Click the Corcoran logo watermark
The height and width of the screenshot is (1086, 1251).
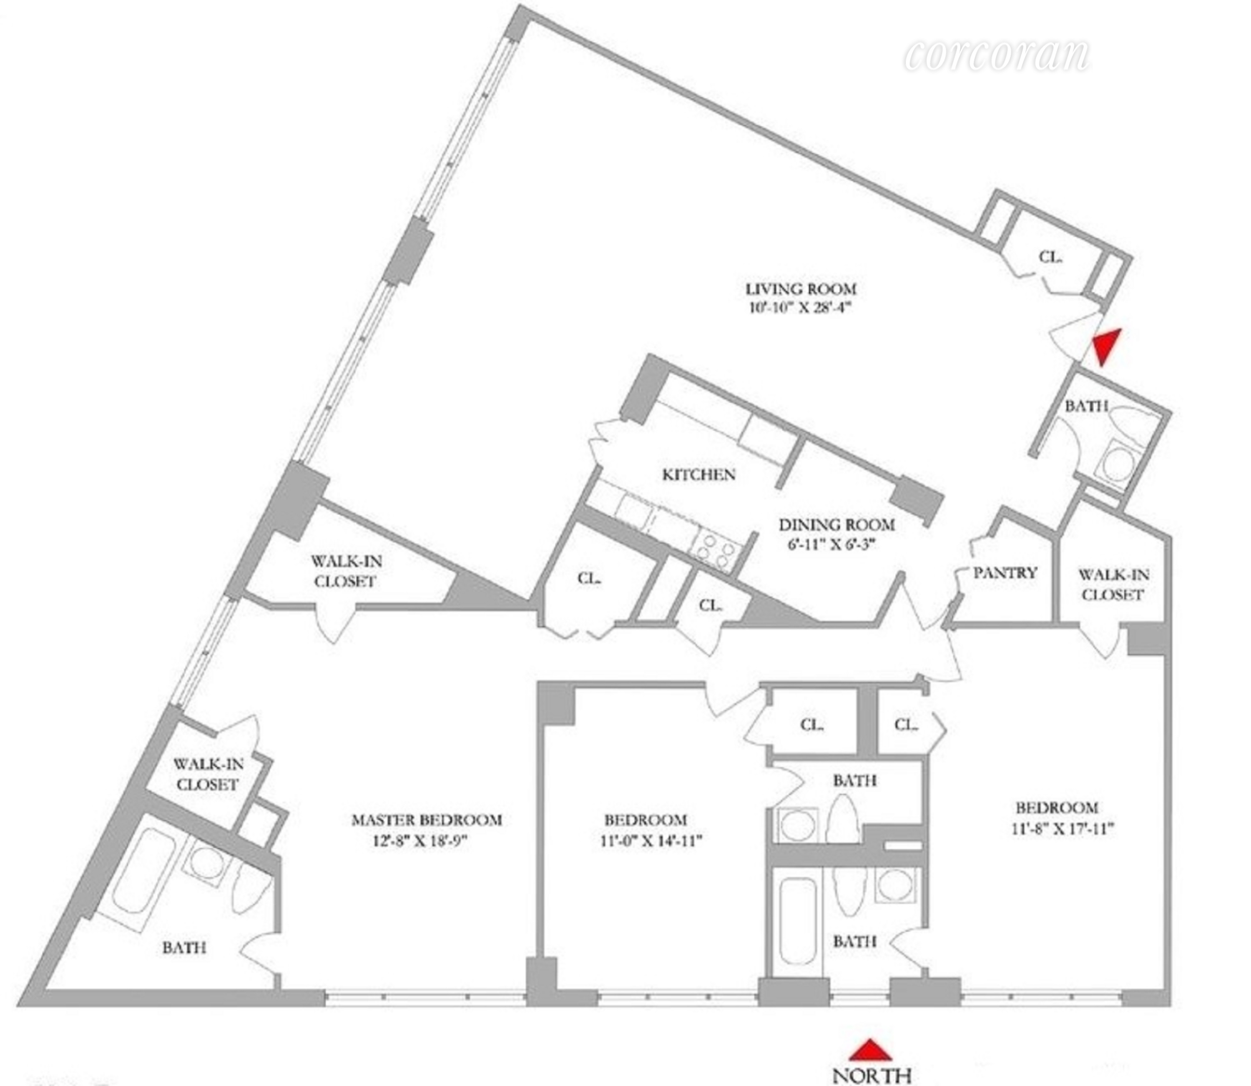tap(997, 56)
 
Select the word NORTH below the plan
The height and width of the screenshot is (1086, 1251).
tap(872, 1076)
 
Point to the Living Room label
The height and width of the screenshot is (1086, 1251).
tap(800, 289)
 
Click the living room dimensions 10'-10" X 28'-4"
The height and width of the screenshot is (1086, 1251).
tap(800, 308)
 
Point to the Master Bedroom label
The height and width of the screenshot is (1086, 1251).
tap(427, 820)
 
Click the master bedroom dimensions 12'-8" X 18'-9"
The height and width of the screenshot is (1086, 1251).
tap(421, 841)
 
